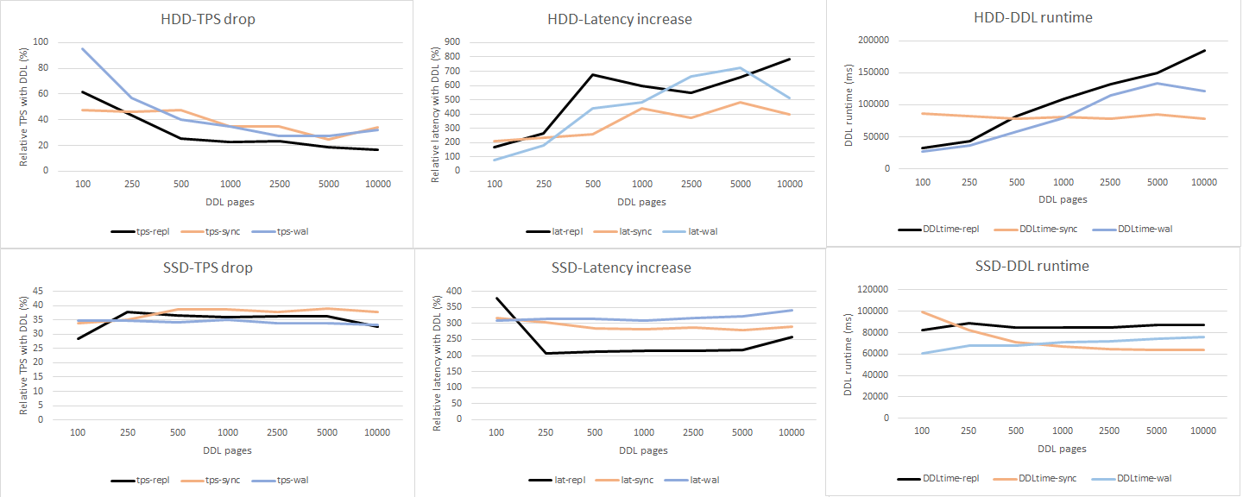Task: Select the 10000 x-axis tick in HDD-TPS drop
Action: pos(378,185)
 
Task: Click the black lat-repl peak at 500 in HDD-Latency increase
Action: pos(593,74)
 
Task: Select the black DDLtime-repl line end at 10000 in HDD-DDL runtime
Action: pos(1205,51)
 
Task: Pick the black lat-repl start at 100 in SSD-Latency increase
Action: pos(495,298)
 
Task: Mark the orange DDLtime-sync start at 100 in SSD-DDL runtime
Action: pos(922,311)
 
